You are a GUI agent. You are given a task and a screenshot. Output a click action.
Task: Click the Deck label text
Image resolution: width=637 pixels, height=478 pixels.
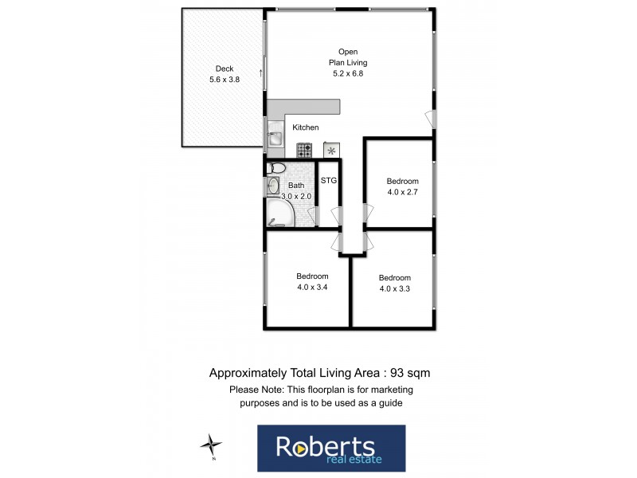coord(225,69)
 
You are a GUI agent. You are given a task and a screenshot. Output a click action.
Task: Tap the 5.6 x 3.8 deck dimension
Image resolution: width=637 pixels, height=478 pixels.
coord(225,80)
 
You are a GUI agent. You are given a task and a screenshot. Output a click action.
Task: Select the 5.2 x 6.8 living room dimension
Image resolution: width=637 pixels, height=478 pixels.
coord(348,73)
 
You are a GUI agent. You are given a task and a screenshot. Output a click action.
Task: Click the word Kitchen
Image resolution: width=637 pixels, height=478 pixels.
coord(306,127)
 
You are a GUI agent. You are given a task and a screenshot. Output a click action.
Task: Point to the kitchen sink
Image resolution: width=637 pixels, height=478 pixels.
coord(275,138)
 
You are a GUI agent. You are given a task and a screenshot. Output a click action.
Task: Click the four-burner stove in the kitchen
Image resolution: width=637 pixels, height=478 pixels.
coord(305,149)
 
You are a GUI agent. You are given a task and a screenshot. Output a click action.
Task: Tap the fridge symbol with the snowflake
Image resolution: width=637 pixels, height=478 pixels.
coord(330,149)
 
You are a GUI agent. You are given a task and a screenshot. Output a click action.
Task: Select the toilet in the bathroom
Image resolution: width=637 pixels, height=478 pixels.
coord(276,168)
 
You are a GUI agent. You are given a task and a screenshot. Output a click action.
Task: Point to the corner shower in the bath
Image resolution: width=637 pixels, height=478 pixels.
coord(279,213)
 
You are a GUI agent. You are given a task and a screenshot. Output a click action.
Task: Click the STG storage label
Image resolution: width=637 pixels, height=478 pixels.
coord(329,181)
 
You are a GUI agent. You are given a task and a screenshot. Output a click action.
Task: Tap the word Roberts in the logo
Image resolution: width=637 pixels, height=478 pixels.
coord(324,445)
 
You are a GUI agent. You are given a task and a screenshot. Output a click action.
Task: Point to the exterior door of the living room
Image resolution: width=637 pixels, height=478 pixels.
coord(430,119)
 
